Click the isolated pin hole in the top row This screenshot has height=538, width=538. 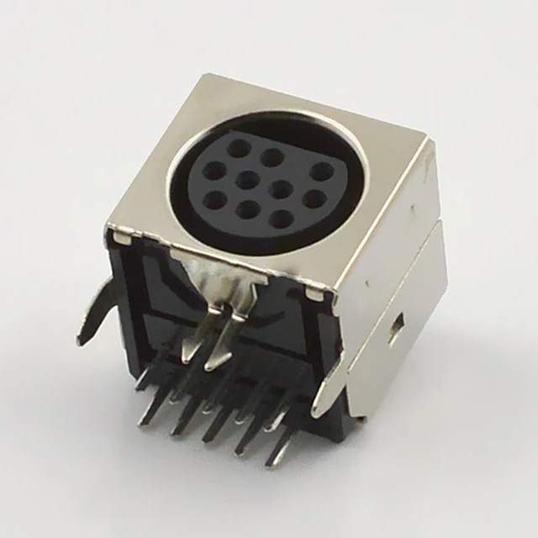(x=321, y=171)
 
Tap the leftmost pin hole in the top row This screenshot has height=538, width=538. (x=240, y=149)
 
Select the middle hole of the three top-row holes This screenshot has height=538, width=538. (x=271, y=157)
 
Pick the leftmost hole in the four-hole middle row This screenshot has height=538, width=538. (x=215, y=171)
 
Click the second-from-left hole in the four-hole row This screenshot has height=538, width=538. (x=246, y=180)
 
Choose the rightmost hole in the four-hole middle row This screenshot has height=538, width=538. (x=314, y=199)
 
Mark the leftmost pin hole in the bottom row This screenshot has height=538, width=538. (x=216, y=200)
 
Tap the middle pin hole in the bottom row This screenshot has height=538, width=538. (x=248, y=209)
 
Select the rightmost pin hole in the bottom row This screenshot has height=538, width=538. (x=282, y=220)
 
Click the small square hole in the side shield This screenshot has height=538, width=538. (x=395, y=327)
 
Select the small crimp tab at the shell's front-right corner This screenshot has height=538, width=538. (x=317, y=293)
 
